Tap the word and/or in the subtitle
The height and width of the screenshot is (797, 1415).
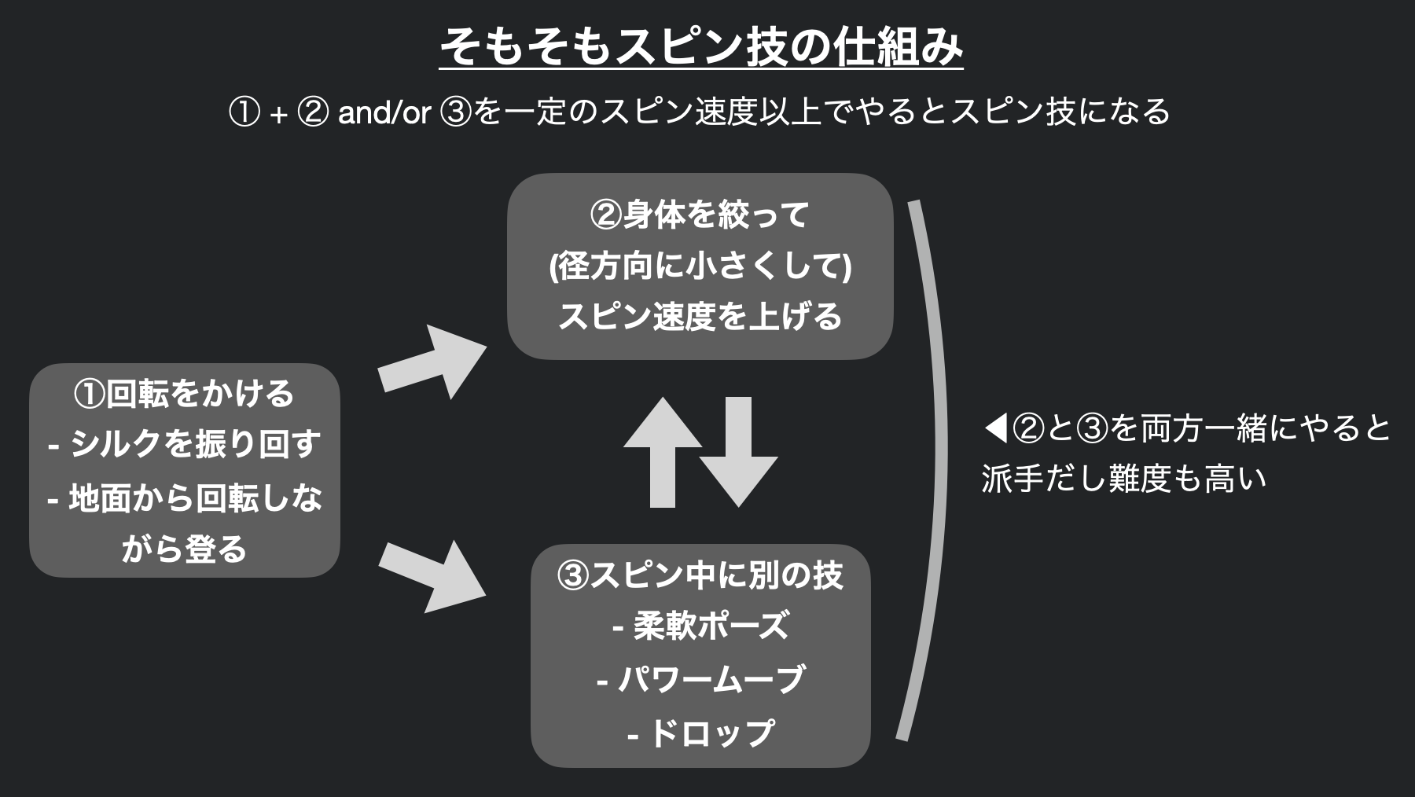coord(384,113)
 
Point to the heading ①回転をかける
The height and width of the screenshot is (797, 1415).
coord(184,393)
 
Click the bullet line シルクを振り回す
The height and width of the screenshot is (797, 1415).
coord(194,445)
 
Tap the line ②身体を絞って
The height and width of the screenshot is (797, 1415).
coord(700,215)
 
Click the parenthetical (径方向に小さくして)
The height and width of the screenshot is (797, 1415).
coord(700,266)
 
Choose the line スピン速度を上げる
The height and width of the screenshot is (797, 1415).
coord(700,317)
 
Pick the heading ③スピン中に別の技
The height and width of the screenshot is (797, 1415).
coord(700,575)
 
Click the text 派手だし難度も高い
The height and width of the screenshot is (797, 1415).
coord(1124,479)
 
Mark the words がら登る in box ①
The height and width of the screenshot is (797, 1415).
coord(184,549)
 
